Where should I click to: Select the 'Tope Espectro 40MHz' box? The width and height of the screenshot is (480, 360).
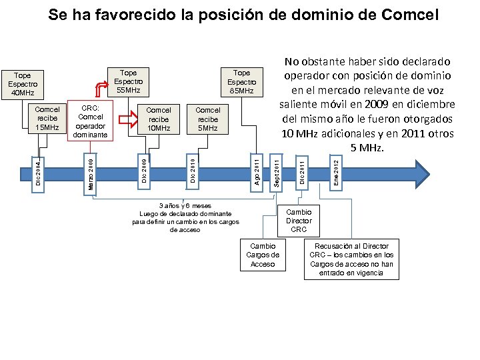click(24, 84)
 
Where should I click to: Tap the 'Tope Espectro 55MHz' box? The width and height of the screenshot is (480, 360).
click(128, 81)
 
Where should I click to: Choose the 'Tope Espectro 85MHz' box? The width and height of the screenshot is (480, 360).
click(241, 81)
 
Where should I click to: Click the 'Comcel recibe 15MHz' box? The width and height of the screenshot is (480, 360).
click(47, 118)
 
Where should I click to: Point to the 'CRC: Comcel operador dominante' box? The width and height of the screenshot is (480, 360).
click(91, 121)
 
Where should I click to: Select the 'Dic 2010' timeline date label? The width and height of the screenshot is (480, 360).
click(192, 170)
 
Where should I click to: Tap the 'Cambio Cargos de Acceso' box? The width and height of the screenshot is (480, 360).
click(262, 255)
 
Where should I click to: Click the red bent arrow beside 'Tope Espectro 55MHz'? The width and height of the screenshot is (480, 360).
click(100, 87)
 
